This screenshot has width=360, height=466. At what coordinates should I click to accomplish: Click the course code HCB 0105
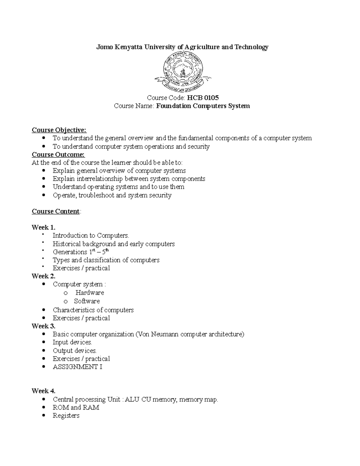click(203, 98)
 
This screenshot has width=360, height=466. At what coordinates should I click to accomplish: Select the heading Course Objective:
click(59, 130)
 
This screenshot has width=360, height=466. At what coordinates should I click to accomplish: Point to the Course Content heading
click(56, 211)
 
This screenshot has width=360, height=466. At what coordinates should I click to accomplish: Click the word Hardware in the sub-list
click(90, 293)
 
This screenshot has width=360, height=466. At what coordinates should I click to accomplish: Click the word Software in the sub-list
click(87, 301)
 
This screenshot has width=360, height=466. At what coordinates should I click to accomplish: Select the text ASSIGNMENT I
click(77, 367)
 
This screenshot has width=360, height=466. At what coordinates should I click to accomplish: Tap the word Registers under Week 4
click(66, 416)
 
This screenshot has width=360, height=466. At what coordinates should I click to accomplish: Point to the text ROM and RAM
click(76, 407)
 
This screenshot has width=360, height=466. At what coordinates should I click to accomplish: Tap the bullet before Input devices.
click(44, 342)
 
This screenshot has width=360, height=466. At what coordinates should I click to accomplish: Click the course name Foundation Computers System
click(203, 106)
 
